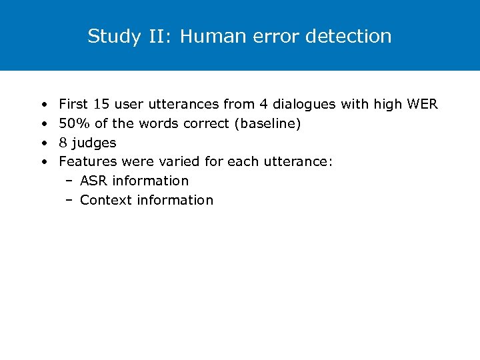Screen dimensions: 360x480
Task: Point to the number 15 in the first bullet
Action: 101,104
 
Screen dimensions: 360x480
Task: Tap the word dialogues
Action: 307,104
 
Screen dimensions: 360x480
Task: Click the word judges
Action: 94,143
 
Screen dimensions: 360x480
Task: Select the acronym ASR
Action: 94,181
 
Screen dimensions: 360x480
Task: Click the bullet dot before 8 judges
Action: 43,143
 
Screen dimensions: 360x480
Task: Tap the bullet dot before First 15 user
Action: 43,105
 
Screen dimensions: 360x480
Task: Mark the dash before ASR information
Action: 69,181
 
